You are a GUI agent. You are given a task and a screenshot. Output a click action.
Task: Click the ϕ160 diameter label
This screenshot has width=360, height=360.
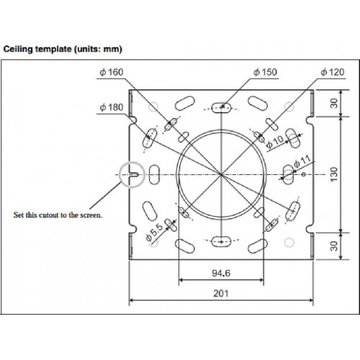click(112, 72)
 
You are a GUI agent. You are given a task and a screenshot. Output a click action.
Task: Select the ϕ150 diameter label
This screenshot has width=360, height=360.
click(265, 72)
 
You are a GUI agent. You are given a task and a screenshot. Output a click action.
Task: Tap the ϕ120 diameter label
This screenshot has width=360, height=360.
click(333, 72)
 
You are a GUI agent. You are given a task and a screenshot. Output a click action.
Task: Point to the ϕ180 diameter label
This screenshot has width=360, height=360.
click(112, 107)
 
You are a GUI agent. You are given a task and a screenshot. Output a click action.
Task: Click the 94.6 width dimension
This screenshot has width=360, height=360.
click(221, 273)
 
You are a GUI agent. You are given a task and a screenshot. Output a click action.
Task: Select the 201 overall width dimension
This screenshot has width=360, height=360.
click(221, 293)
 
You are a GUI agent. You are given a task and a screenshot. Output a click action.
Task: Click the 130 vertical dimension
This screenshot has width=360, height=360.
click(334, 174)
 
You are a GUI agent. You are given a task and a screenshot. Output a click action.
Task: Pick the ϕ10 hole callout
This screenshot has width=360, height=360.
click(275, 142)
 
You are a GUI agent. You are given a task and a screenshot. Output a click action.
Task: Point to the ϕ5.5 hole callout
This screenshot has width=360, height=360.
click(155, 232)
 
